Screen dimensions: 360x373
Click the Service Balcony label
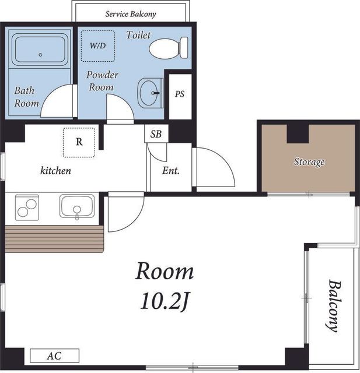[x=131, y=14]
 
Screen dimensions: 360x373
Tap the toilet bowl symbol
[x=169, y=48]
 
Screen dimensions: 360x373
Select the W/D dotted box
[x=98, y=45]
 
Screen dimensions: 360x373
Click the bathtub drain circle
[x=40, y=55]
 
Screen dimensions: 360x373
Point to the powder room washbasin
[x=151, y=93]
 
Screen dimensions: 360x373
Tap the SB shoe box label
[x=156, y=134]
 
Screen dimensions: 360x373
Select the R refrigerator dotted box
[x=79, y=142]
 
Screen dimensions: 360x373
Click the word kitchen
[x=55, y=171]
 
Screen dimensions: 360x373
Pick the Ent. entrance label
[x=171, y=170]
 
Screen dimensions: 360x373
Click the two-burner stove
[x=27, y=207]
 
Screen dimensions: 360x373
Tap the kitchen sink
[x=77, y=206]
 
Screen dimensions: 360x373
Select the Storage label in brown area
[x=309, y=162]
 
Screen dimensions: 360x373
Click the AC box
[x=54, y=356]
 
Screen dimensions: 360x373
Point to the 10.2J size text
[x=165, y=302]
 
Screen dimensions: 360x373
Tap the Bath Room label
[x=26, y=97]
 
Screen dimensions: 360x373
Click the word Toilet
[x=138, y=35]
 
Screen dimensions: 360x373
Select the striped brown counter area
[x=54, y=239]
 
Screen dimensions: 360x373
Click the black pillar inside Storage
[x=298, y=133]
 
